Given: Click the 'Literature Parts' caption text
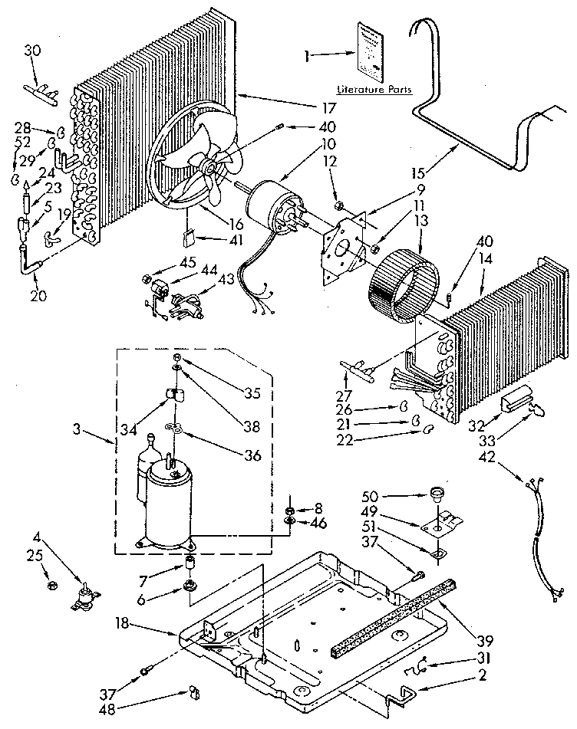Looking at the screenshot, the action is [x=374, y=89].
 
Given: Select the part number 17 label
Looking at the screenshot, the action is [x=329, y=109].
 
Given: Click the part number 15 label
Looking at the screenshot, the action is [x=418, y=173].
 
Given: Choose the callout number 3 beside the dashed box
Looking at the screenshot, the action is [x=77, y=429].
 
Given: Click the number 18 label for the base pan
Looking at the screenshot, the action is [x=122, y=623].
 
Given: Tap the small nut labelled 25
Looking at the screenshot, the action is [x=52, y=584].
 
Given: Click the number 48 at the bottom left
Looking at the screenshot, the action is [x=107, y=711].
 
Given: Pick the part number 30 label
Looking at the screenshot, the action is [x=32, y=50].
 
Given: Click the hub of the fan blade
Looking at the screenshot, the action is [x=208, y=166].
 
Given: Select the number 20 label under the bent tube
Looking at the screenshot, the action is [x=38, y=295].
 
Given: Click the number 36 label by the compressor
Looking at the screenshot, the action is [x=252, y=455].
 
